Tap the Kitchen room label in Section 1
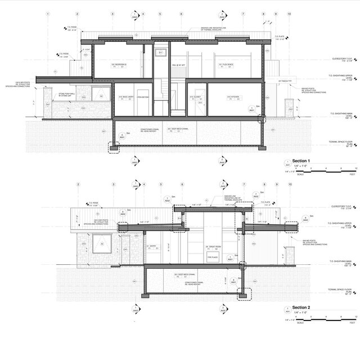[234, 97]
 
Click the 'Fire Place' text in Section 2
[211, 256]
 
